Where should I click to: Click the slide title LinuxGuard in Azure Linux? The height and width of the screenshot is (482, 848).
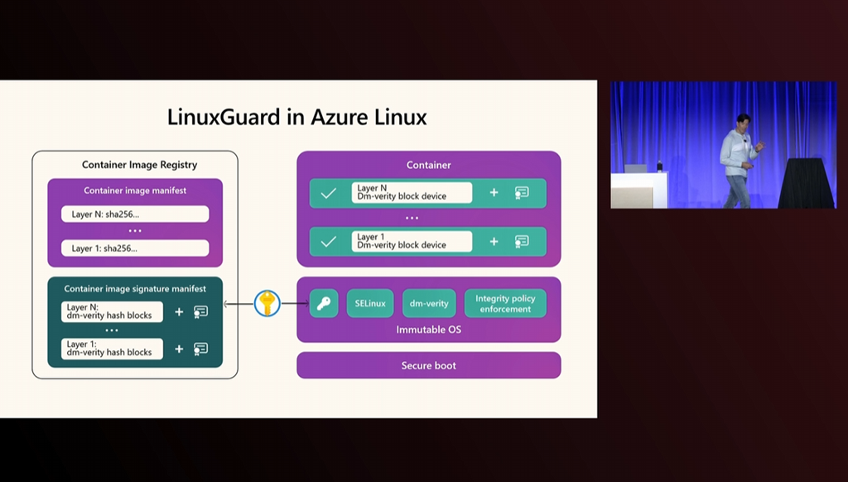[297, 117]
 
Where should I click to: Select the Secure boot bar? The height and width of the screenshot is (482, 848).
[428, 365]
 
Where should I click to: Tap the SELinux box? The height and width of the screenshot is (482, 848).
[370, 303]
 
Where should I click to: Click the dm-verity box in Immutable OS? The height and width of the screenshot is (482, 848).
[429, 303]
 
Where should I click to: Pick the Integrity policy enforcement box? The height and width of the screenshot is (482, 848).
[505, 303]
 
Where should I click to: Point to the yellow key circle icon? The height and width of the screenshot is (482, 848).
[267, 303]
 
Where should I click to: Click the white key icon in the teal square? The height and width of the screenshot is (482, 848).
[324, 303]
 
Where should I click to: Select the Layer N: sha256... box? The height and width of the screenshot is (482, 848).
[135, 214]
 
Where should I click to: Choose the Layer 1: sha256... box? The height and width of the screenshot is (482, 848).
[135, 248]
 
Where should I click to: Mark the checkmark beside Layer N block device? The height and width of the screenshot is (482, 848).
[328, 193]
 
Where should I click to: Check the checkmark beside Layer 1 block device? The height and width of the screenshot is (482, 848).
[328, 241]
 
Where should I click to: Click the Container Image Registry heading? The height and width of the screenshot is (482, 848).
[139, 165]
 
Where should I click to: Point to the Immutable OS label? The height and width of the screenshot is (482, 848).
[428, 330]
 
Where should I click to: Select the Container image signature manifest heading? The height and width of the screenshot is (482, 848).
[135, 289]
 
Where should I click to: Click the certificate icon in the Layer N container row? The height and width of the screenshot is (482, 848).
[522, 193]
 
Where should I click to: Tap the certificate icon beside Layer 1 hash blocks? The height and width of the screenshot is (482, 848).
[200, 348]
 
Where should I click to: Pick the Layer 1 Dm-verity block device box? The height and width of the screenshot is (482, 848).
[411, 241]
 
